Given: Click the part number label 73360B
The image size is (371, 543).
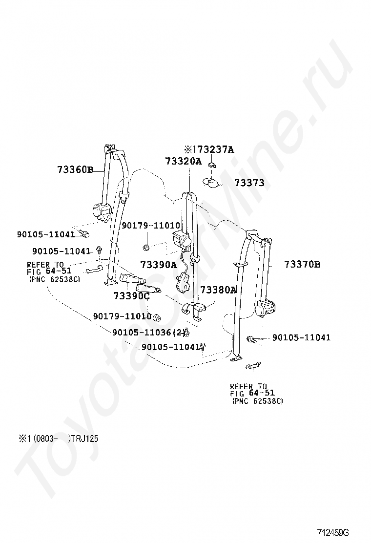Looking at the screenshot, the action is [75, 170].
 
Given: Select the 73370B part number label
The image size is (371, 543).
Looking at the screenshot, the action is [302, 265].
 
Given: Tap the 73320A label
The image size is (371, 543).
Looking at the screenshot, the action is [183, 161].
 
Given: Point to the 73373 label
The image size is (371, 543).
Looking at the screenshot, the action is [249, 183].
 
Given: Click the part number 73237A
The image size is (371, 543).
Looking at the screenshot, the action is [212, 149].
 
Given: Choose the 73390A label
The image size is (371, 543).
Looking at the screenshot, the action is [158, 265].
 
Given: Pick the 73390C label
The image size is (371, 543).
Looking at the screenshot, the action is [131, 296].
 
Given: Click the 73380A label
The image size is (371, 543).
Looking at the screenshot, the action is [218, 290].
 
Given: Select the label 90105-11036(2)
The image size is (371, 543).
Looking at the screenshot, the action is [148, 332].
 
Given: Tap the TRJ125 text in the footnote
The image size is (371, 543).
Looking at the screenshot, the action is [84, 439].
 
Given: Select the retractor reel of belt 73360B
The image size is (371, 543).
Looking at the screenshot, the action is [102, 211].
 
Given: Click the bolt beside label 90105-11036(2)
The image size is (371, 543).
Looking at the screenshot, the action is [186, 332].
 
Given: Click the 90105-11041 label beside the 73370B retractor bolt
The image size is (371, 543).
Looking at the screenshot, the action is [301, 337].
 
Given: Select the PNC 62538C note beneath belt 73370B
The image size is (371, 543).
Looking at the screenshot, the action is [258, 401].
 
